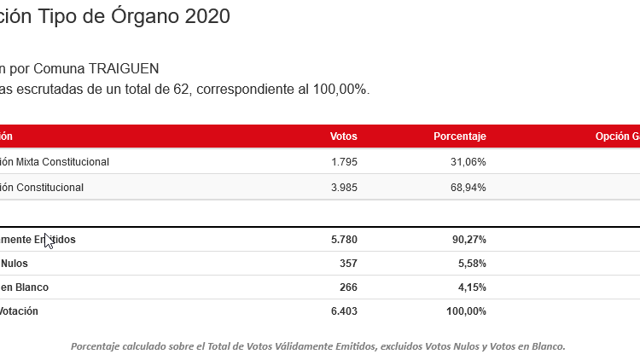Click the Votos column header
343,136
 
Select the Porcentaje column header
459,136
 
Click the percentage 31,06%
468,161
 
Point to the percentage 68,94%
468,187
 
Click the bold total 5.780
343,240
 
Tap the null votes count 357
347,264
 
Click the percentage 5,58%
471,264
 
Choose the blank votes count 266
347,287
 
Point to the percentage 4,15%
471,287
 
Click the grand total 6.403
343,311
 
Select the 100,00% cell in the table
466,311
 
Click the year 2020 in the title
207,16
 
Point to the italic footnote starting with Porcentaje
317,345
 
